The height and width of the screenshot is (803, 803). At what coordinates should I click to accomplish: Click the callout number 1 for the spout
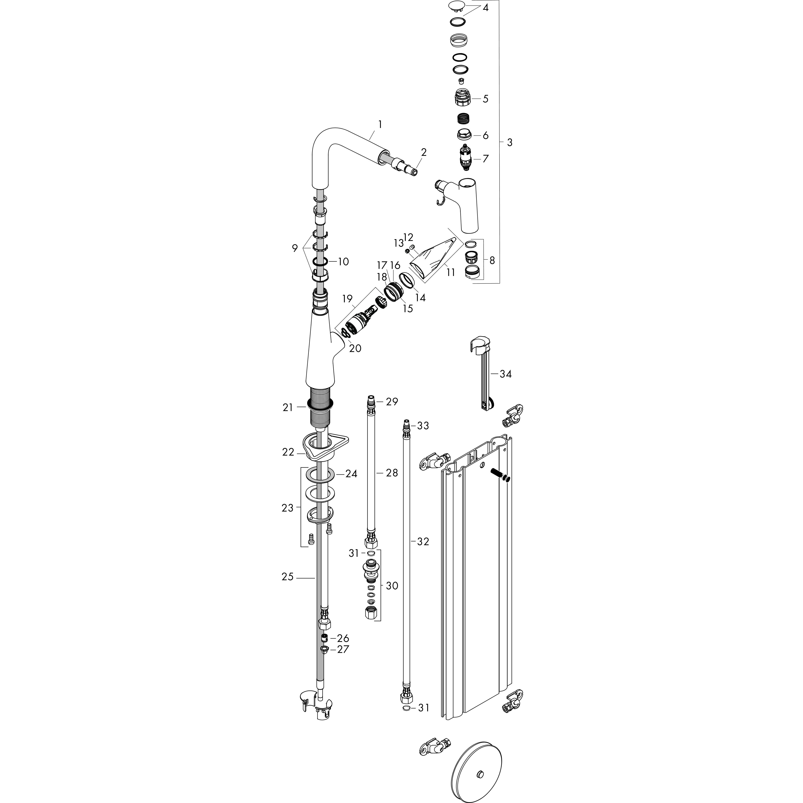pyautogui.click(x=380, y=124)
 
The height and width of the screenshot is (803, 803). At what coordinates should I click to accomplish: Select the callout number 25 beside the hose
pyautogui.click(x=288, y=577)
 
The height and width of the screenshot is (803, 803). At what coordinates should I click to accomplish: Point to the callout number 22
pyautogui.click(x=288, y=452)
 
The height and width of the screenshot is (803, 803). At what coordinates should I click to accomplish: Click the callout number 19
pyautogui.click(x=347, y=298)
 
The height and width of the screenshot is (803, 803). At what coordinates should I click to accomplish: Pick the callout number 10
pyautogui.click(x=343, y=262)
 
